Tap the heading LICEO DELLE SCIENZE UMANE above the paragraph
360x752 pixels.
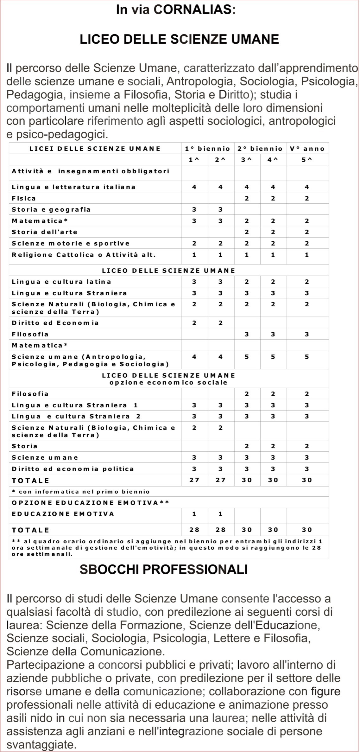point(179,39)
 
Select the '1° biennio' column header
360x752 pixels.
point(207,149)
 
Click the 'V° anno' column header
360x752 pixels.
point(307,149)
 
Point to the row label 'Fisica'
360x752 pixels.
point(24,198)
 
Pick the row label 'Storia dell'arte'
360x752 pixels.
point(45,232)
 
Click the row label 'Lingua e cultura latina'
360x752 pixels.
point(61,282)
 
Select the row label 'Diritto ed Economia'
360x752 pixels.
point(55,323)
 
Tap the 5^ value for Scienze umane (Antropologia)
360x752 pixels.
point(307,357)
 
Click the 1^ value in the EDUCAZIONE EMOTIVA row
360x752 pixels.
point(194,514)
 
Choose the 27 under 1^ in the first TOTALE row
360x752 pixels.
point(194,480)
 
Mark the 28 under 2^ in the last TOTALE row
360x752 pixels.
point(220,530)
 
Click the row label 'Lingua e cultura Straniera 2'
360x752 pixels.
point(76,416)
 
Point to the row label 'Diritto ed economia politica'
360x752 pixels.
point(73,469)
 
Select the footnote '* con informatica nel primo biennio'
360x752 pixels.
point(81,492)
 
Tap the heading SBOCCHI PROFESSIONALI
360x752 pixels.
point(163,570)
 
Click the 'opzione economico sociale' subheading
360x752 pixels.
point(168,382)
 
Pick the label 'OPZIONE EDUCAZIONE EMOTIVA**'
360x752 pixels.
point(90,503)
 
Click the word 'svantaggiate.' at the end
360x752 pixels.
point(41,744)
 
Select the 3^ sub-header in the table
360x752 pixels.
point(247,160)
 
